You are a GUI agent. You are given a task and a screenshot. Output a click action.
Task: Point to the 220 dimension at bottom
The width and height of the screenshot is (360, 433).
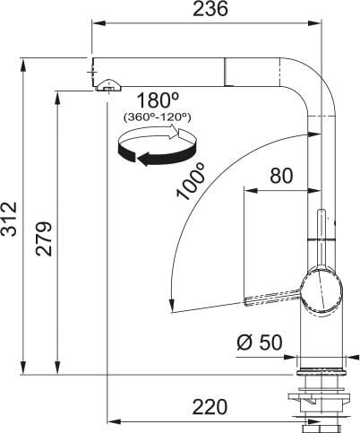[210, 407]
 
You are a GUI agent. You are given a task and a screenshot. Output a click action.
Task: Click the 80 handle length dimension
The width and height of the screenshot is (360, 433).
[280, 177]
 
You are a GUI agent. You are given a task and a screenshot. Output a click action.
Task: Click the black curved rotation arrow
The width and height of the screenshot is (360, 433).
[152, 159]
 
